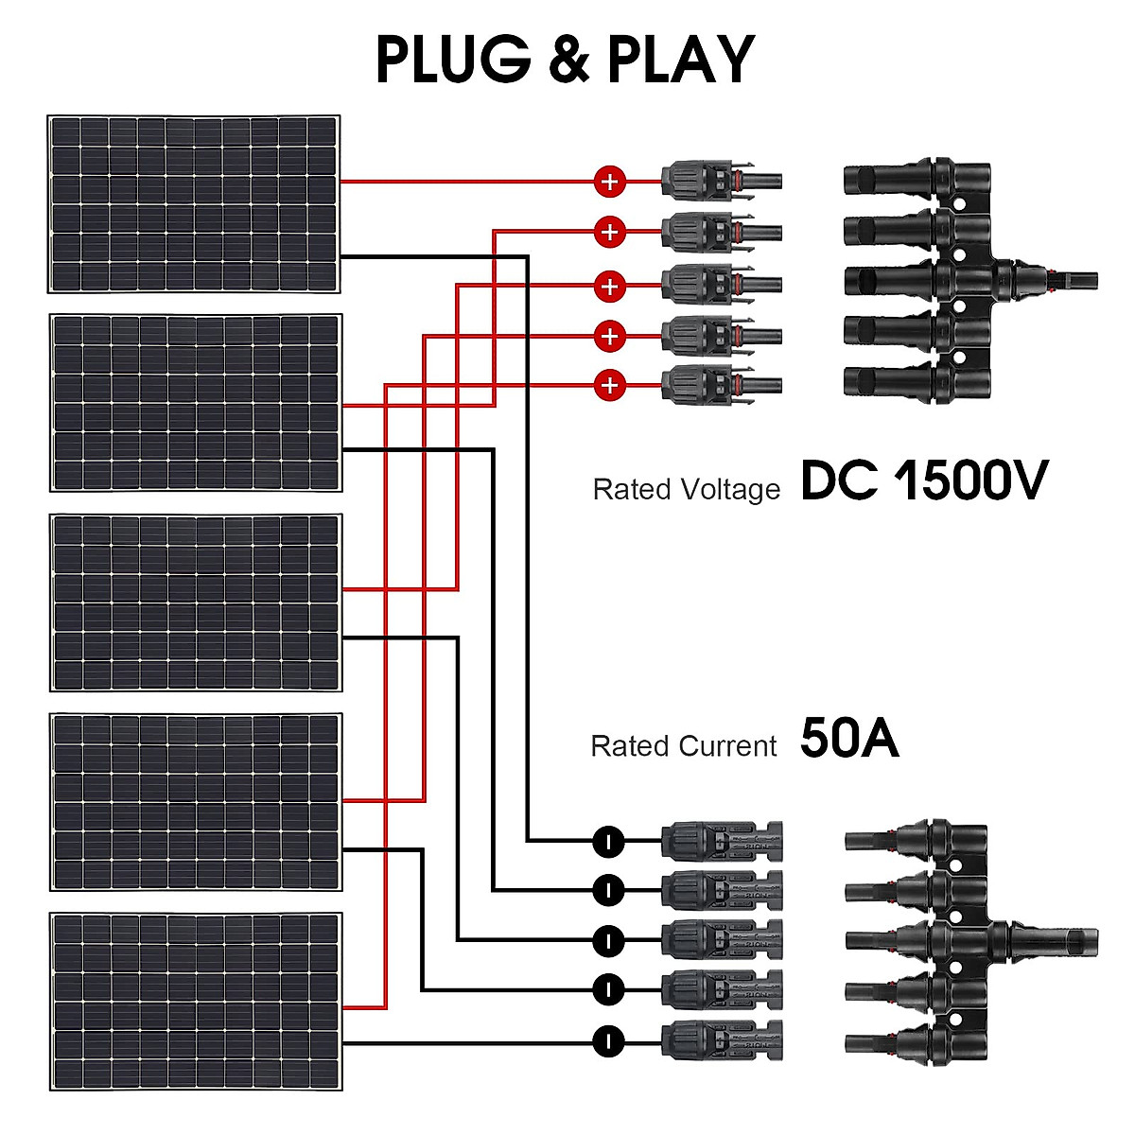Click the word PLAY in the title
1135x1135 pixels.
click(680, 60)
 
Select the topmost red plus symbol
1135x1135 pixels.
click(610, 182)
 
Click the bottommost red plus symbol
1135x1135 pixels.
click(610, 385)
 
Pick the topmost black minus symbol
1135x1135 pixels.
click(609, 840)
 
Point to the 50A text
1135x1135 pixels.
click(848, 739)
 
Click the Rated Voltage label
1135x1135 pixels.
click(686, 490)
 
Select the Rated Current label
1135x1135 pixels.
click(683, 746)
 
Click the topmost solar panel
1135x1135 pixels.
click(194, 204)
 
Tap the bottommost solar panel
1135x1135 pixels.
click(196, 1001)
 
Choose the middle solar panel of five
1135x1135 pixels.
click(196, 602)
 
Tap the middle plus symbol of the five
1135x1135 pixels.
click(610, 286)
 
